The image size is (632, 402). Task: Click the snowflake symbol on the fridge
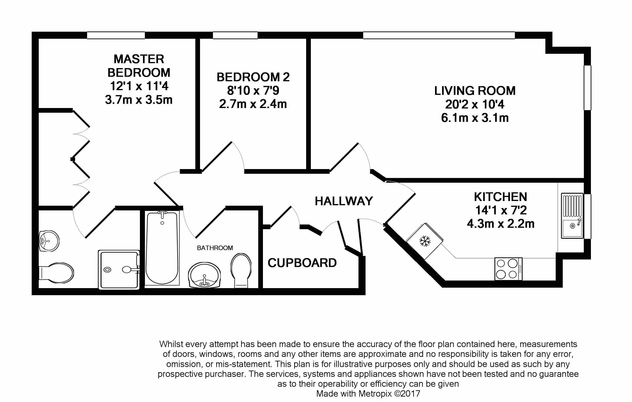pyautogui.click(x=425, y=241)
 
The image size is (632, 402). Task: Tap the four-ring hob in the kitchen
pyautogui.click(x=508, y=269)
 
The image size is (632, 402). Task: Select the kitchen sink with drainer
pyautogui.click(x=572, y=216)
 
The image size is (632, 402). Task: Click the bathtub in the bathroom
pyautogui.click(x=162, y=248)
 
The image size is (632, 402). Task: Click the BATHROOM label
pyautogui.click(x=215, y=248)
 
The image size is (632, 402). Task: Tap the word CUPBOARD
pyautogui.click(x=302, y=263)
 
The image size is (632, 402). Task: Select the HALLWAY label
pyautogui.click(x=344, y=201)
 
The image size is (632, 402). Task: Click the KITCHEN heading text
pyautogui.click(x=501, y=197)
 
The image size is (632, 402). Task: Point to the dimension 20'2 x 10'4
pyautogui.click(x=475, y=104)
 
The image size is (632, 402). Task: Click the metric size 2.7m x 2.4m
pyautogui.click(x=253, y=104)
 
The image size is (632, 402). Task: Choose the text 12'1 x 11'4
pyautogui.click(x=139, y=86)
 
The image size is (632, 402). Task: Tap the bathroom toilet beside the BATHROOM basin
pyautogui.click(x=241, y=271)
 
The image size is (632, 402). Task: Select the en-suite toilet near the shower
pyautogui.click(x=56, y=273)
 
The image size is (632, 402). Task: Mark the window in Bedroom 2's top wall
pyautogui.click(x=235, y=35)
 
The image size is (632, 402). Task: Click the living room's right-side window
pyautogui.click(x=587, y=87)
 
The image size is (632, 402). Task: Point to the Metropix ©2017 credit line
pyautogui.click(x=368, y=394)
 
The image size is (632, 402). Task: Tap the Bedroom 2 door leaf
pyautogui.click(x=216, y=157)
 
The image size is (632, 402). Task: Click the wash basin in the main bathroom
pyautogui.click(x=204, y=275)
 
